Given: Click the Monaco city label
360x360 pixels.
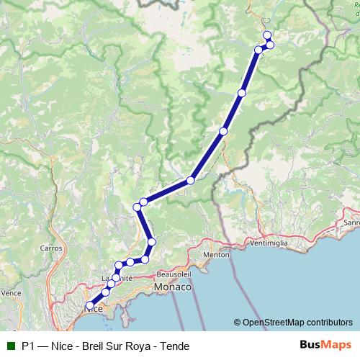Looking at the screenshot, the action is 173,287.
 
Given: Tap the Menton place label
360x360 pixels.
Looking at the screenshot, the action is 216,254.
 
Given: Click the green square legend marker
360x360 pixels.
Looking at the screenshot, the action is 12,346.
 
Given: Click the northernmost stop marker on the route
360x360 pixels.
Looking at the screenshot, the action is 267,35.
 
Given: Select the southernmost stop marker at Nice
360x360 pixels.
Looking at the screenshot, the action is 90,305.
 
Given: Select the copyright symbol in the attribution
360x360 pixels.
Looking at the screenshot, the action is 237,323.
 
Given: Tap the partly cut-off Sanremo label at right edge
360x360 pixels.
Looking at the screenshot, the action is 352,222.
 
